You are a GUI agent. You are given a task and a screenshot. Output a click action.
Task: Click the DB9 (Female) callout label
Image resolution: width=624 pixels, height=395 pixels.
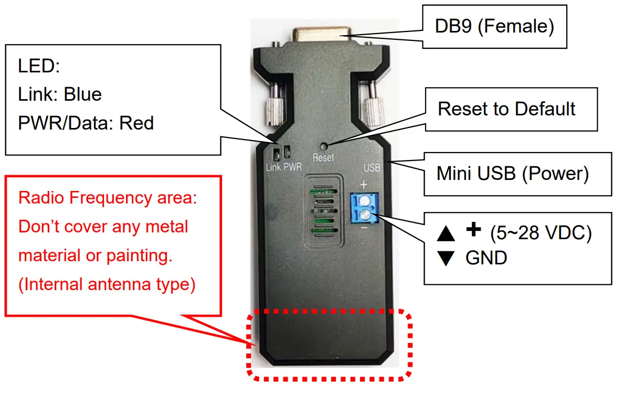click(x=494, y=27)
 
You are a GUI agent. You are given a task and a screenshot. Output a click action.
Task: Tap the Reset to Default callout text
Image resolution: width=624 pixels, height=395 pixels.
click(x=506, y=109)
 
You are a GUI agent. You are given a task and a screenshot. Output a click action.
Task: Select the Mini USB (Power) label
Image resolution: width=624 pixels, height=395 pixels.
click(x=512, y=174)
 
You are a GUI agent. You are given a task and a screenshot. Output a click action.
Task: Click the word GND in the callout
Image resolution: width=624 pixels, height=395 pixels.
click(x=486, y=258)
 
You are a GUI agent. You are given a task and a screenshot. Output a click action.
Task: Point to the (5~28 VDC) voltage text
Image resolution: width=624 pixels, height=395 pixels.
click(x=541, y=233)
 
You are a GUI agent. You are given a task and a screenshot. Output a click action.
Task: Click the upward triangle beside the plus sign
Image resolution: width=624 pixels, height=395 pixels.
click(x=445, y=234)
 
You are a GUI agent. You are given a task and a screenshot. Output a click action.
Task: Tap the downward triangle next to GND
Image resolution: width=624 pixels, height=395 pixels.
click(x=445, y=259)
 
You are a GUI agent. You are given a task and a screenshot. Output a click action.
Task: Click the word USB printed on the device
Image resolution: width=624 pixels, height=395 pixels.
click(x=372, y=168)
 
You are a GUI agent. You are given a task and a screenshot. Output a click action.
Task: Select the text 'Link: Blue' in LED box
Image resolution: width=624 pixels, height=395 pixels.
click(x=60, y=94)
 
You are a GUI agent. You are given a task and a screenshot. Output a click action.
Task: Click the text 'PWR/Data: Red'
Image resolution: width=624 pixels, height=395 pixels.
click(x=86, y=123)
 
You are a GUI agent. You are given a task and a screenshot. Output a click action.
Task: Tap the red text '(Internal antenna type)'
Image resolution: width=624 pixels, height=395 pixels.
click(x=107, y=284)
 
